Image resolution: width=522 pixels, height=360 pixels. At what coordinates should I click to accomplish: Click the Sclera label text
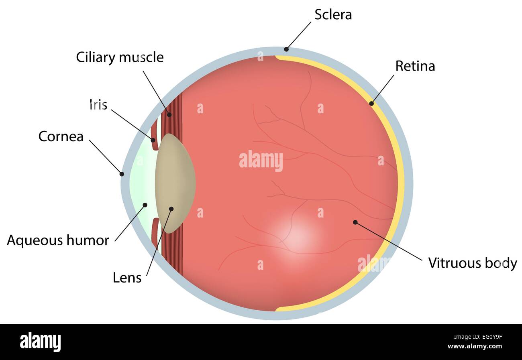pyautogui.click(x=333, y=14)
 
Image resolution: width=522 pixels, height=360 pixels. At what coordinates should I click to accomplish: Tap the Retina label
pyautogui.click(x=415, y=66)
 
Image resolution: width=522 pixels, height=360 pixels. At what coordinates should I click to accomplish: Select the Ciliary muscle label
pyautogui.click(x=120, y=57)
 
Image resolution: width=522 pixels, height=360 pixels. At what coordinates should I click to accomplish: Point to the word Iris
pyautogui.click(x=98, y=105)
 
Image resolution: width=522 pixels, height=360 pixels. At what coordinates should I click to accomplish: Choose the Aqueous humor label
pyautogui.click(x=58, y=240)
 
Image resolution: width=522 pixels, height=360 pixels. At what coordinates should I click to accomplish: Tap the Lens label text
pyautogui.click(x=127, y=278)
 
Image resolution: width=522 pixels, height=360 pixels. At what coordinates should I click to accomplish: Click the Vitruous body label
pyautogui.click(x=473, y=263)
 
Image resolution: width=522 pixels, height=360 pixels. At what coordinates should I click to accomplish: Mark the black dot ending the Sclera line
pyautogui.click(x=286, y=49)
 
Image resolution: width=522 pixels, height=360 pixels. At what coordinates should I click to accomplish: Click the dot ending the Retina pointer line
pyautogui.click(x=372, y=104)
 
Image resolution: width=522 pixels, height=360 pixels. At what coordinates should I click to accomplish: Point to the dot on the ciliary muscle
pyautogui.click(x=169, y=114)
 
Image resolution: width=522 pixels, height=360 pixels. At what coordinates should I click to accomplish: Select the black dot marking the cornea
pyautogui.click(x=122, y=174)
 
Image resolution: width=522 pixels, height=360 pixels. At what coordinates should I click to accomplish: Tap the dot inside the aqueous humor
pyautogui.click(x=145, y=205)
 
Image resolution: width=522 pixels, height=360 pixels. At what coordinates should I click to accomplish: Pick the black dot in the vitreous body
pyautogui.click(x=355, y=222)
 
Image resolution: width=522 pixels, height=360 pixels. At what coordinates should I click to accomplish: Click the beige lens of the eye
pyautogui.click(x=175, y=183)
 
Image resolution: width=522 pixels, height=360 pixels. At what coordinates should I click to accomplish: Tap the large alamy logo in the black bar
pyautogui.click(x=40, y=342)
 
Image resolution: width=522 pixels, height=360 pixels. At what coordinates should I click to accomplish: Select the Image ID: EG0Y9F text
pyautogui.click(x=478, y=337)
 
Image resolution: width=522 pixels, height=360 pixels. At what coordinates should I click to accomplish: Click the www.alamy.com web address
pyautogui.click(x=475, y=346)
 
